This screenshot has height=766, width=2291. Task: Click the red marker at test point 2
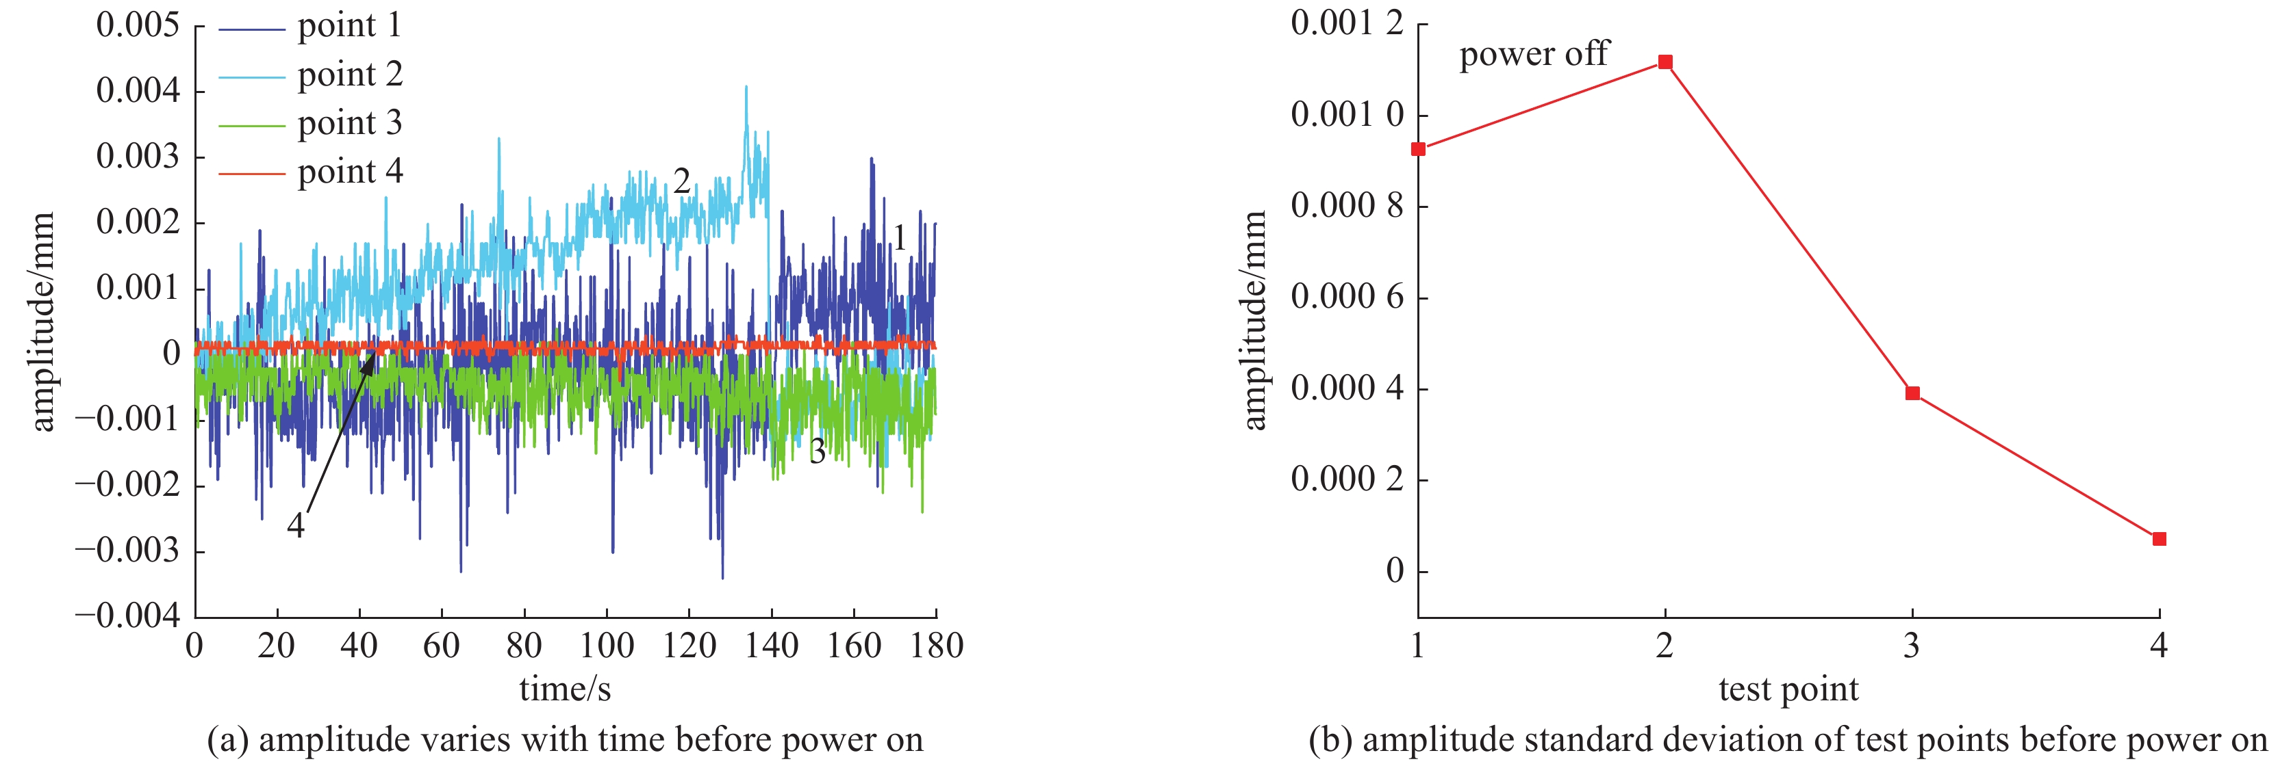click(1665, 62)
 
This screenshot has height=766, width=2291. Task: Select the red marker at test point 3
click(1912, 393)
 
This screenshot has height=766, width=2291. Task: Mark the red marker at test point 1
click(1419, 149)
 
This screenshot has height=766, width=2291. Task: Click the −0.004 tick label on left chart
click(127, 616)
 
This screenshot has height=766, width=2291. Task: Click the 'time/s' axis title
click(565, 689)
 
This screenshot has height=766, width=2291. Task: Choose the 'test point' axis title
click(1788, 689)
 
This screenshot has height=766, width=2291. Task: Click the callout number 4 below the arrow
click(295, 526)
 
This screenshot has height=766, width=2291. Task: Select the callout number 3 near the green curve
click(818, 451)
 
